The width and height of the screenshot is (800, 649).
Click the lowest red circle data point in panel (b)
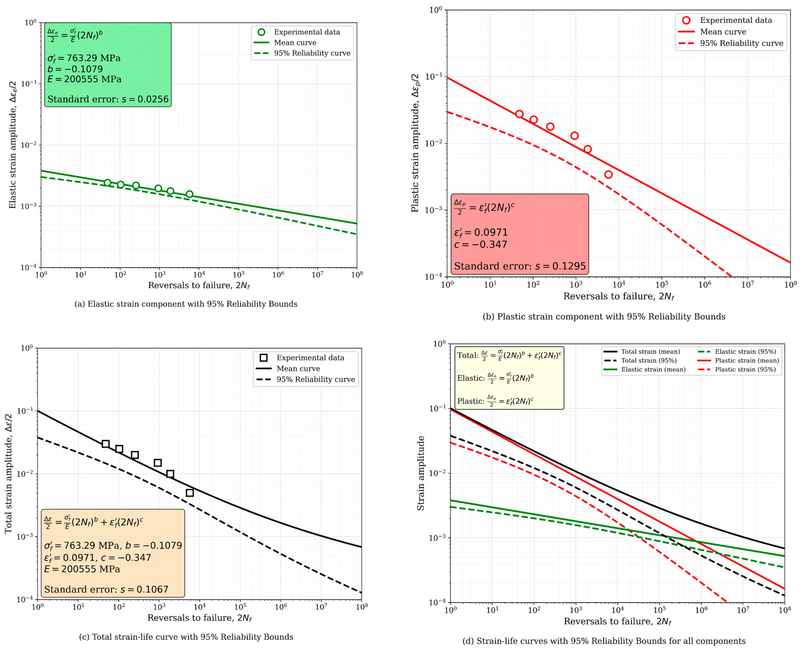tap(608, 175)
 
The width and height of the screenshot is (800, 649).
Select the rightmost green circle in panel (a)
tap(189, 194)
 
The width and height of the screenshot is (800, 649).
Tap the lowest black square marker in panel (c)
tap(190, 493)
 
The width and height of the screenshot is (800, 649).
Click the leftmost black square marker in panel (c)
tap(106, 444)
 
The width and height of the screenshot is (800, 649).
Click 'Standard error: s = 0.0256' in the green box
tap(108, 99)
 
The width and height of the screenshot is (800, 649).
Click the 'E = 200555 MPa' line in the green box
tap(84, 79)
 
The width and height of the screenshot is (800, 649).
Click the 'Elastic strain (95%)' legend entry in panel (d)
tap(737, 351)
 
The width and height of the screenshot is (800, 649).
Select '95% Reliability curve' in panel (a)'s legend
tap(302, 53)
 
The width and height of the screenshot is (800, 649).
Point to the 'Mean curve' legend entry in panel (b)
tap(712, 32)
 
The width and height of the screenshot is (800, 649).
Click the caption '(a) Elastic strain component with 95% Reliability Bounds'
tap(186, 304)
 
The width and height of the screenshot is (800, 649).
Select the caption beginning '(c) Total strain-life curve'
tap(186, 637)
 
